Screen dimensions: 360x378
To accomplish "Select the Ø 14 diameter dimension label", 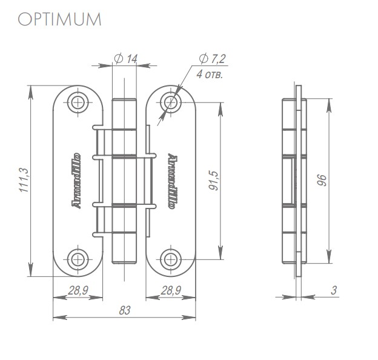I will coord(125,58).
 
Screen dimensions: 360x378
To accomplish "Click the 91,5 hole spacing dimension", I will coord(213,180).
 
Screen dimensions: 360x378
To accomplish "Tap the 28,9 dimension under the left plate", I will coord(77,291).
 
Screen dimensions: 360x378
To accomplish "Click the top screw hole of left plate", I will coord(77,102).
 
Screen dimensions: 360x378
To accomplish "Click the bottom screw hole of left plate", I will coord(77,259).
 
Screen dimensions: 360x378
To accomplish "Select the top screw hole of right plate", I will coord(171,102).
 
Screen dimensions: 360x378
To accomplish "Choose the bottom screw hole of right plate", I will coord(171,259).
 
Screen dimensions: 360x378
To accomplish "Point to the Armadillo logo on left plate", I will coord(77,181).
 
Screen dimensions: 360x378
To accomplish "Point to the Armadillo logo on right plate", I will coord(171,181).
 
